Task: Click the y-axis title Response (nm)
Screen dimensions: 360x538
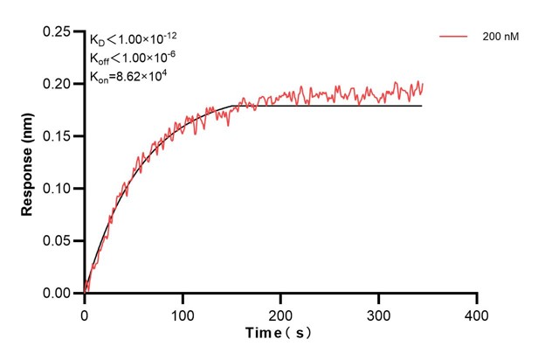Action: tap(27, 163)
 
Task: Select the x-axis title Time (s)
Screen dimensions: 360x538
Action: tap(279, 333)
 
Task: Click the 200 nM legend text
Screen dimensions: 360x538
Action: tap(500, 38)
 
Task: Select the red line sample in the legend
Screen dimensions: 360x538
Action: tap(453, 38)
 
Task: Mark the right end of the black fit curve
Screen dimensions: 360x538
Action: tap(422, 106)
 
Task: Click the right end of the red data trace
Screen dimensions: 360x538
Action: tap(423, 85)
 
